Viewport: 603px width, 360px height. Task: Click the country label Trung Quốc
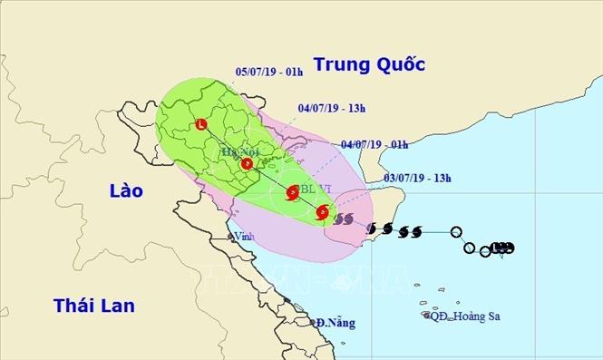click(x=368, y=64)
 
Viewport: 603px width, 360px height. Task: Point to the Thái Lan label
click(x=94, y=305)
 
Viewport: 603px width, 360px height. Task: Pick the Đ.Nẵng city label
click(x=336, y=323)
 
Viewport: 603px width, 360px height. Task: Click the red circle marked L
click(x=201, y=125)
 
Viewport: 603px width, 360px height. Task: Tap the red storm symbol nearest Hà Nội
click(x=248, y=164)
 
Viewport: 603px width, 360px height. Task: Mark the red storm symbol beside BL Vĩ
click(x=292, y=192)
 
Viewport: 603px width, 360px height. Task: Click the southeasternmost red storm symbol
click(x=323, y=213)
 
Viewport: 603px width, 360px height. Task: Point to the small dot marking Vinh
click(x=231, y=238)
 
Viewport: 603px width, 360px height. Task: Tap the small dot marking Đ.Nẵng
click(x=312, y=322)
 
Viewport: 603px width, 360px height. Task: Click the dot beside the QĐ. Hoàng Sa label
click(x=426, y=316)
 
